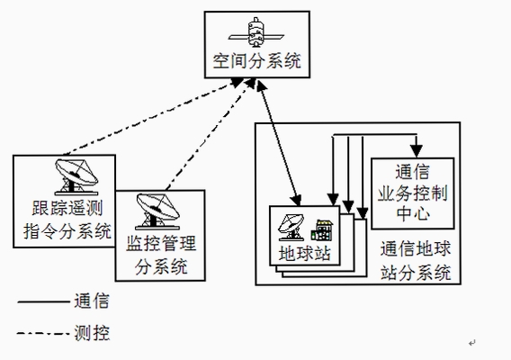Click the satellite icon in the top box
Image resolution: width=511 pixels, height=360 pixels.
pos(256,32)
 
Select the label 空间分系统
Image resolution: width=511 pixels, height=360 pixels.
pos(257,61)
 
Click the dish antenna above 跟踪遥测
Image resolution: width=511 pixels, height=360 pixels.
pos(76,177)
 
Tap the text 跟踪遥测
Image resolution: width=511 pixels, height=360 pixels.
pos(67,208)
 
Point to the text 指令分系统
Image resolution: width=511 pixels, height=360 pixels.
pos(67,231)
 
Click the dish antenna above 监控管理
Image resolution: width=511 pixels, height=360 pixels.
pos(157,211)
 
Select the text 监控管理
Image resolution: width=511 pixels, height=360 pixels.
pos(161,243)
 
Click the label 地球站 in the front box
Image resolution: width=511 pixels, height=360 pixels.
pos(305,254)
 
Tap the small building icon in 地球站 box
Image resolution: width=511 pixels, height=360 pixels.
pos(322,230)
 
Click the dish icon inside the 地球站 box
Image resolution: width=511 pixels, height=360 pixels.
pos(291,228)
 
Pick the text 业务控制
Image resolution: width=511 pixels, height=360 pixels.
pos(413,193)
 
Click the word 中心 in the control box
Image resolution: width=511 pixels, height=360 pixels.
pos(413,214)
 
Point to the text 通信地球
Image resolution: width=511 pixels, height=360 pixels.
pos(416,248)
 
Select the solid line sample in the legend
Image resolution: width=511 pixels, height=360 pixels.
pos(43,302)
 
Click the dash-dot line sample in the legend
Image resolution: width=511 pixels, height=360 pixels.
pos(43,333)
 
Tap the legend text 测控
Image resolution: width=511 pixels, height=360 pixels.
pos(92,333)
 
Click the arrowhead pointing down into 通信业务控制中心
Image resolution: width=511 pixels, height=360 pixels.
pos(417,151)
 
